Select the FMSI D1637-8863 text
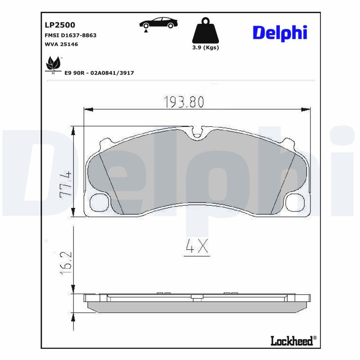point(70,35)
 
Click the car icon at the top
point(158,23)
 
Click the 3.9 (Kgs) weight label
point(205,48)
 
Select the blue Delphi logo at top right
point(279,33)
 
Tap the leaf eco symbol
point(54,65)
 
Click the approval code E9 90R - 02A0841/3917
point(99,72)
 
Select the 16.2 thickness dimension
point(66,261)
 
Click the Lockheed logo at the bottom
point(293,341)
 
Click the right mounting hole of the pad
point(297,202)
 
